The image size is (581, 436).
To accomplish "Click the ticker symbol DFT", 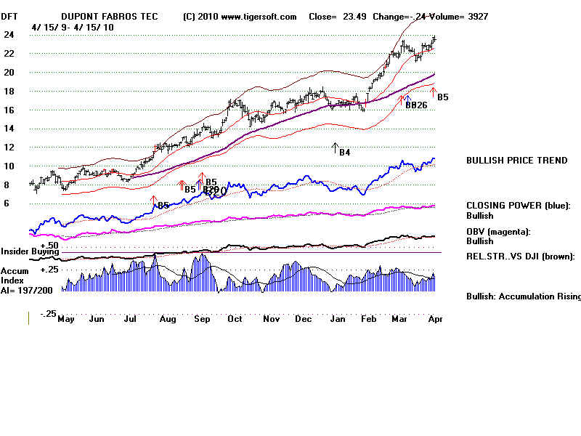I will (x=10, y=16).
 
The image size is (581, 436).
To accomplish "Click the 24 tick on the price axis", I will (x=9, y=34).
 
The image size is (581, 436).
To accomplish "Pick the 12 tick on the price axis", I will (x=9, y=147).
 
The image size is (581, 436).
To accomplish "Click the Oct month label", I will (x=235, y=318).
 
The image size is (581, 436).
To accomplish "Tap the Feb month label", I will (x=369, y=318).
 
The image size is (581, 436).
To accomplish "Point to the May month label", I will (x=66, y=318).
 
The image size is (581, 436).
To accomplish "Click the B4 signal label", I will (x=345, y=153).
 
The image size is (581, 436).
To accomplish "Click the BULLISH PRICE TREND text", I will (x=516, y=161).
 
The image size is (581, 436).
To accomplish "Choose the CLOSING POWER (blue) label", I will (x=518, y=206).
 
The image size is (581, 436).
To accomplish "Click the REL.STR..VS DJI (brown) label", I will (x=520, y=256).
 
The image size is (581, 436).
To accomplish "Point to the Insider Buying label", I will (x=28, y=251).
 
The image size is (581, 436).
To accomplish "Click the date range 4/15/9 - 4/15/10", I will (x=73, y=27).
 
